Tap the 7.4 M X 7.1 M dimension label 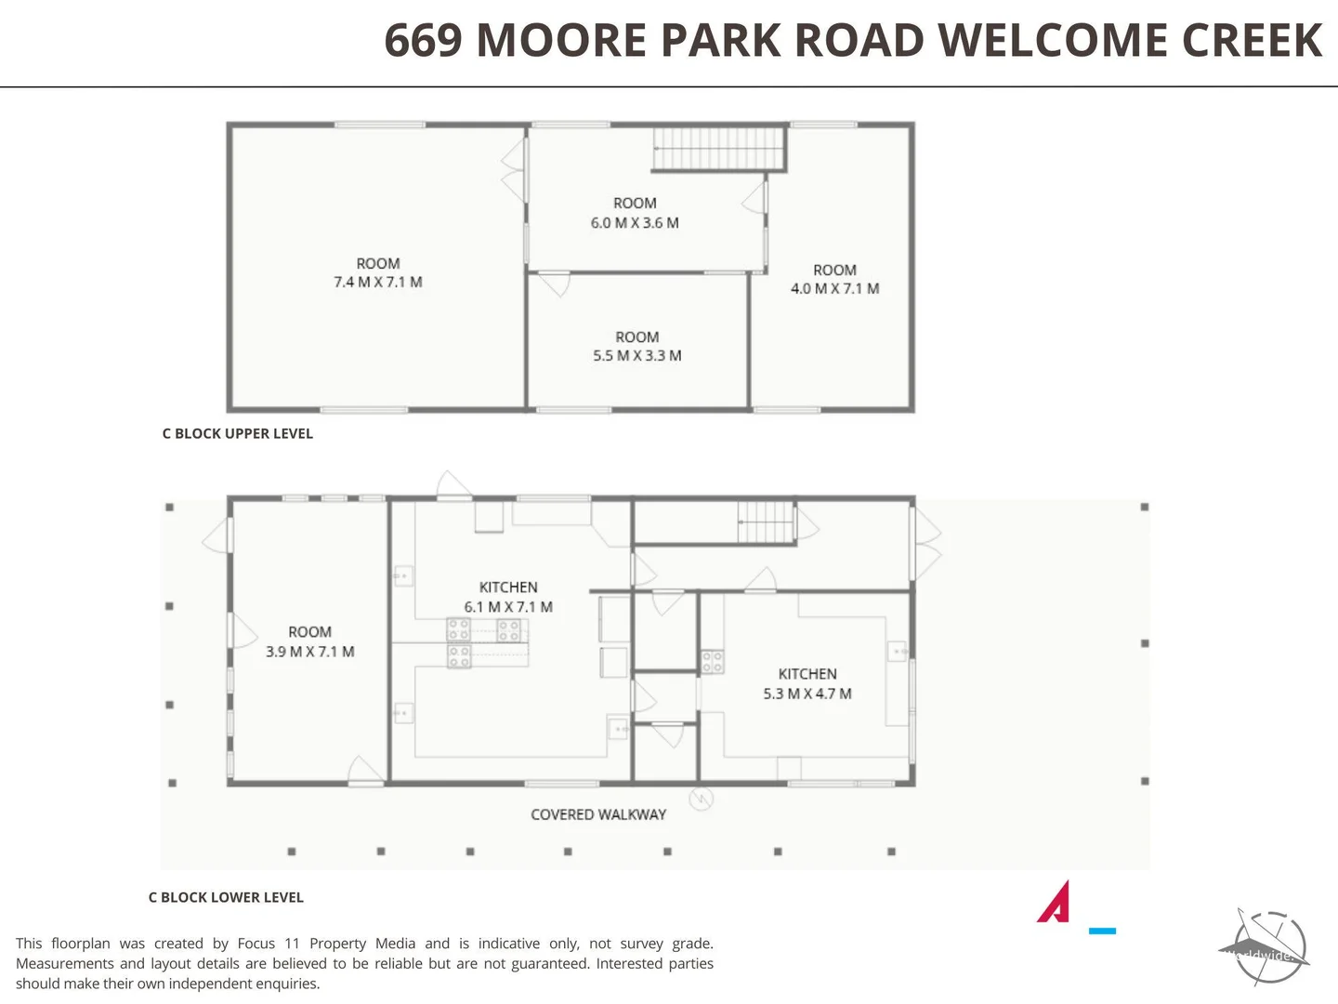(377, 283)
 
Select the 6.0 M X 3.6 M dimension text (635, 223)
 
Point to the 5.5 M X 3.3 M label (636, 356)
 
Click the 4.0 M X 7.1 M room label (834, 289)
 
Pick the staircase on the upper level (719, 149)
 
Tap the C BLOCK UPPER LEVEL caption (237, 434)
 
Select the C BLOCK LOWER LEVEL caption (226, 898)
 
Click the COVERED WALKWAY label (598, 815)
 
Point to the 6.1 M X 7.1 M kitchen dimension (508, 607)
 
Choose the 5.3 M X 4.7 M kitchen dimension (807, 694)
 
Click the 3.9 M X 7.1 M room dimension (309, 653)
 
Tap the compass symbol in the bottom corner (1267, 948)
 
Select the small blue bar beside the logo (1102, 931)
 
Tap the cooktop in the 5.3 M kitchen (713, 662)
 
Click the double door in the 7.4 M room (514, 168)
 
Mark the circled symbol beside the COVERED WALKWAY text (701, 799)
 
